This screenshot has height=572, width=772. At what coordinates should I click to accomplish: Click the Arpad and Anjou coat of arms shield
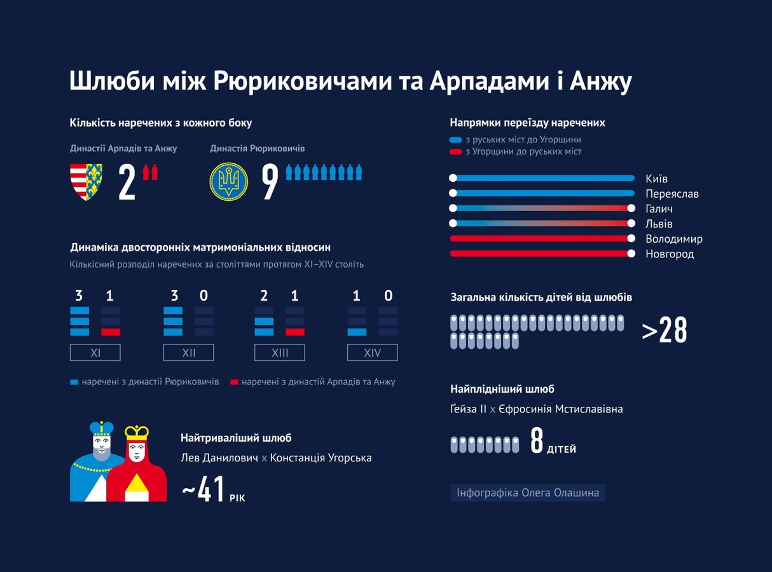86,182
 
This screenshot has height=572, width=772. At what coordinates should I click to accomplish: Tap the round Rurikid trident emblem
228,181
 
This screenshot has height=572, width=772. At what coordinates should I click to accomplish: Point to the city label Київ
656,179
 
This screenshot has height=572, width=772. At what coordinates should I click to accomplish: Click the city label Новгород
670,254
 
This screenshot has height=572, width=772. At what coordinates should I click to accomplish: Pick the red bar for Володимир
540,239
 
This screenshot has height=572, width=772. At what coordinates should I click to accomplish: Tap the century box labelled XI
95,353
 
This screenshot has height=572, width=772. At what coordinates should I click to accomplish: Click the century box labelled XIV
372,353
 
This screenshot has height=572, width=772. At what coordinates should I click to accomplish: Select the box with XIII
280,353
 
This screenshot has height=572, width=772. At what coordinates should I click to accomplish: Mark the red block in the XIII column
295,332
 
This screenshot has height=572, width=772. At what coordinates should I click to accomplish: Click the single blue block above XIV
357,332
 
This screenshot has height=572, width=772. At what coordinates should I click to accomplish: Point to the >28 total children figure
665,330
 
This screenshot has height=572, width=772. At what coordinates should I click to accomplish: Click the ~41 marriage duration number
203,489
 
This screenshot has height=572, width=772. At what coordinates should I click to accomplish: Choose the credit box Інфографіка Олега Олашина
528,493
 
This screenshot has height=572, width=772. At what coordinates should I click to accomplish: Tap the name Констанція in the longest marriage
300,458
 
